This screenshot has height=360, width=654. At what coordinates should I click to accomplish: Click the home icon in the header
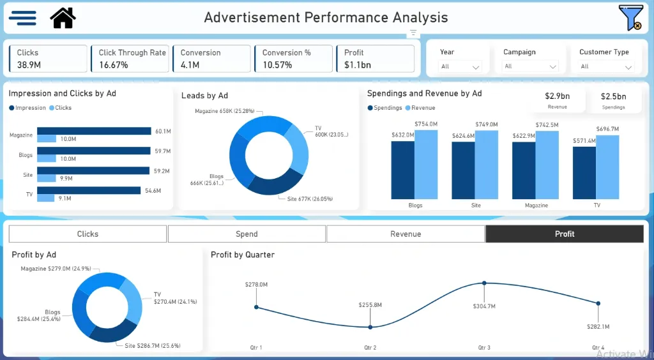point(63,18)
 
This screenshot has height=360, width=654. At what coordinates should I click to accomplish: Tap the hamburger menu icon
point(22,18)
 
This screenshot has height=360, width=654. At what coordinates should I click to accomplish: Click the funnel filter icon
point(630,18)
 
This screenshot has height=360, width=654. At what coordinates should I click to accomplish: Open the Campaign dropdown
point(531,66)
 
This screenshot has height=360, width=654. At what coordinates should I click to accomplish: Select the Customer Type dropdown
point(606,66)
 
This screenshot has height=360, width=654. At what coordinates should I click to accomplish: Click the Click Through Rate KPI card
point(132,59)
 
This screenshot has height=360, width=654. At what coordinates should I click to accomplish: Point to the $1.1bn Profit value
point(358,65)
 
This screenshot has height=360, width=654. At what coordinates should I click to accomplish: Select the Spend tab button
point(247,234)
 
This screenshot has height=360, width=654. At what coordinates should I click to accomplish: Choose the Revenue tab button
point(406,234)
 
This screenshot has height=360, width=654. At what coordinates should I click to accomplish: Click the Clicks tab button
point(87,234)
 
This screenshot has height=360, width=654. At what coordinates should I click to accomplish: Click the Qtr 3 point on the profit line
point(484,283)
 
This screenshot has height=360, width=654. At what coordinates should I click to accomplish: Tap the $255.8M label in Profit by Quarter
point(370,305)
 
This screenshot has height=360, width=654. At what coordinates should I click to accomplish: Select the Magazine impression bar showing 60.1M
point(94,131)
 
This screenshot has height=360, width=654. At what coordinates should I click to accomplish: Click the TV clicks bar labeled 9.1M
point(46,198)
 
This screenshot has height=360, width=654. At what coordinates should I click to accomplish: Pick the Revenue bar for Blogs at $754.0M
point(426,165)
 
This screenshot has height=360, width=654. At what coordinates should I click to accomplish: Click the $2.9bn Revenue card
point(557,100)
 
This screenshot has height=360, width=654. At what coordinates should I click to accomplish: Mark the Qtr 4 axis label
point(598,348)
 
